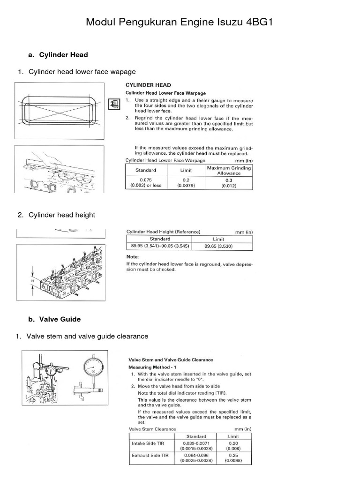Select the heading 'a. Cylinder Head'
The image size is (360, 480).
pyautogui.click(x=58, y=55)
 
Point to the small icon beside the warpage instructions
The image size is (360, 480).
pyautogui.click(x=112, y=104)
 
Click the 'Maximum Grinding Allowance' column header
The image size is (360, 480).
pyautogui.click(x=228, y=170)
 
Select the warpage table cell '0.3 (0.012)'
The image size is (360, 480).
pyautogui.click(x=228, y=183)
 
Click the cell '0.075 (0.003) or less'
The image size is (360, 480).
pyautogui.click(x=146, y=183)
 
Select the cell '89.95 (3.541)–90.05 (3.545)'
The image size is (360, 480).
pyautogui.click(x=158, y=246)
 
